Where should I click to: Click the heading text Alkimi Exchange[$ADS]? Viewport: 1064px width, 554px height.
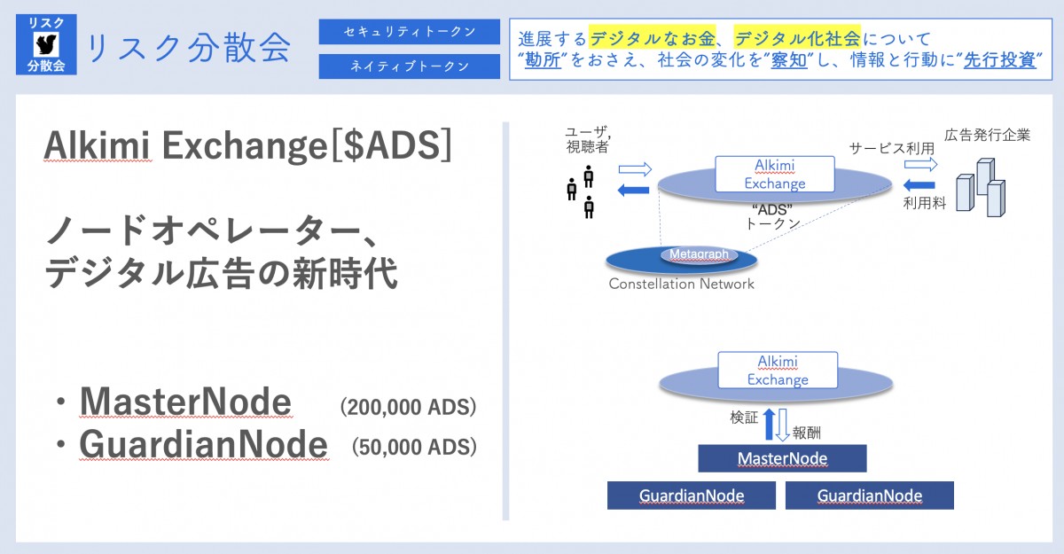click(247, 147)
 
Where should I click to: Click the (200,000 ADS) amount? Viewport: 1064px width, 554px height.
click(409, 407)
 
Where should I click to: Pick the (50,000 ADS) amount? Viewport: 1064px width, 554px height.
click(414, 447)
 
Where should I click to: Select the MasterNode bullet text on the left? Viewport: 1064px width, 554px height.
click(185, 403)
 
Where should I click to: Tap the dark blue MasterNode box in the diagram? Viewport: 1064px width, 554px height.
click(782, 458)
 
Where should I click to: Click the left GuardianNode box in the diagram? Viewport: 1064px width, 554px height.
click(692, 495)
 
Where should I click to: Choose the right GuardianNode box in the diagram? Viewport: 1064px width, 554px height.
click(869, 495)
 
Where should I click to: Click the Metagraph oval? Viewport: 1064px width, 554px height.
click(699, 254)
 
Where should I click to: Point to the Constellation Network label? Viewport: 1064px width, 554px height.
click(681, 284)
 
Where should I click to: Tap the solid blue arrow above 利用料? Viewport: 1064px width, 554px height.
click(919, 185)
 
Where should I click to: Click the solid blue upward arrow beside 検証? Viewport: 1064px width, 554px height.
click(770, 425)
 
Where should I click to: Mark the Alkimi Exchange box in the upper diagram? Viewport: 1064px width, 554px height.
click(775, 174)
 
